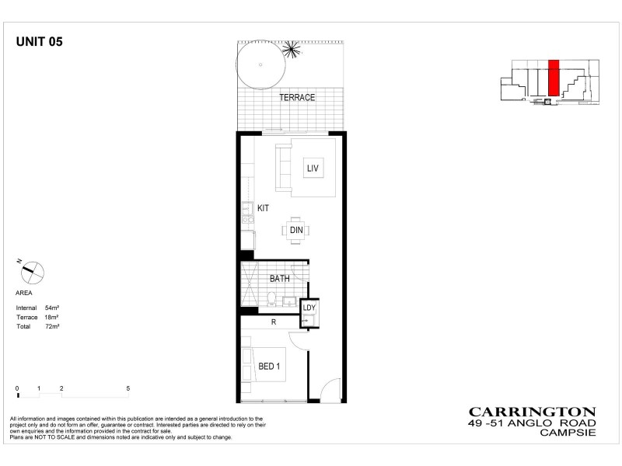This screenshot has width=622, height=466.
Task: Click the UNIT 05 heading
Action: click(x=39, y=43)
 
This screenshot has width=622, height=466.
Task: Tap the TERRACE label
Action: click(x=297, y=98)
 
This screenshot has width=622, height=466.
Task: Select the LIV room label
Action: click(x=313, y=168)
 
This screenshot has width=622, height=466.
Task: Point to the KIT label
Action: click(x=264, y=208)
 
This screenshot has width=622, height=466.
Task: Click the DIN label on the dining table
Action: click(x=296, y=230)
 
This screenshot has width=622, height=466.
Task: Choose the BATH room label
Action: click(x=280, y=278)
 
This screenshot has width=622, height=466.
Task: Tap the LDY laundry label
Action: click(x=309, y=308)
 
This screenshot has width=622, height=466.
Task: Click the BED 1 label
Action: click(x=269, y=367)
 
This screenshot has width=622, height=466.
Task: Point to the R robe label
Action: click(x=274, y=322)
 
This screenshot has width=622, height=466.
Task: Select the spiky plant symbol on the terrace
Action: click(x=292, y=49)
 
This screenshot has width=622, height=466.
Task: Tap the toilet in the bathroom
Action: click(x=268, y=298)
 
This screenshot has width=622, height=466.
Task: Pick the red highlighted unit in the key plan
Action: click(x=554, y=78)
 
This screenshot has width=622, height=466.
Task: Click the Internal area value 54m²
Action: click(x=53, y=309)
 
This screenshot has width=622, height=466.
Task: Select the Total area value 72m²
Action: click(x=53, y=327)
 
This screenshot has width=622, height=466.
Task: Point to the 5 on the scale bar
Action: click(x=128, y=388)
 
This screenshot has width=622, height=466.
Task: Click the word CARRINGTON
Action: click(x=532, y=412)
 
